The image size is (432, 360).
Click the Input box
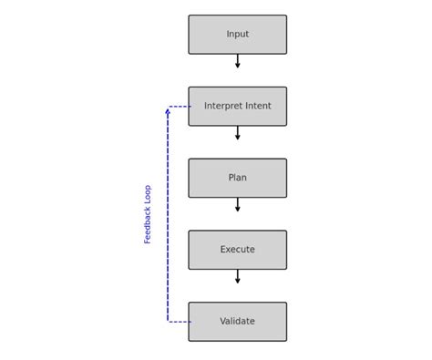237,35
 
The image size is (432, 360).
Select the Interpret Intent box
237,107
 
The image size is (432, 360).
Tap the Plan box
237,178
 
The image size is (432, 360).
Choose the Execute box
237,250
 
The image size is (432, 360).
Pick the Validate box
237,322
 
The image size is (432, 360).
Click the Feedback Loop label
148,214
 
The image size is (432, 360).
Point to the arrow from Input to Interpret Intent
237,61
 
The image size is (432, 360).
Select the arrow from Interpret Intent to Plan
237,133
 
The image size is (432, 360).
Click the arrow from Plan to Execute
237,205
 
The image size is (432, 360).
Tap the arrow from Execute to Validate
237,276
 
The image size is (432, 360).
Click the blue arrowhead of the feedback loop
168,111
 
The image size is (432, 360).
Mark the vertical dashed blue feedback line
168,219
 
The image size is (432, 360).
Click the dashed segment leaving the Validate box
180,322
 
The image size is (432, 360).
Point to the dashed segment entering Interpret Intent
180,107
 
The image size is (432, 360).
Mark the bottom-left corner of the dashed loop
168,322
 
